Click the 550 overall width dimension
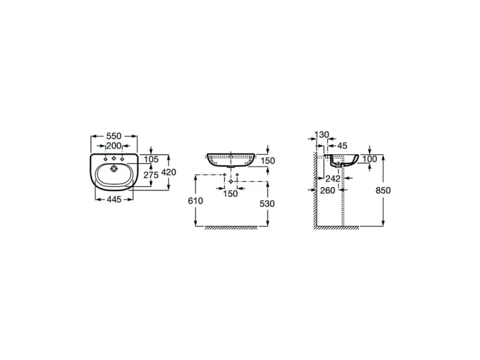114,136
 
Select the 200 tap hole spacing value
114,145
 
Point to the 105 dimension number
152,159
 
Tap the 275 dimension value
152,175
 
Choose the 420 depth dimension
169,172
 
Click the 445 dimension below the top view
113,200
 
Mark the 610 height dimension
195,201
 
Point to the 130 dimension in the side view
322,135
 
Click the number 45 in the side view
343,145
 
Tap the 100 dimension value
369,159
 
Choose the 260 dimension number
327,190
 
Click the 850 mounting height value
383,190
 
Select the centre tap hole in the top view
114,159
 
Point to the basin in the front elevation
231,159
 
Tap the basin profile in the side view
343,161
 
